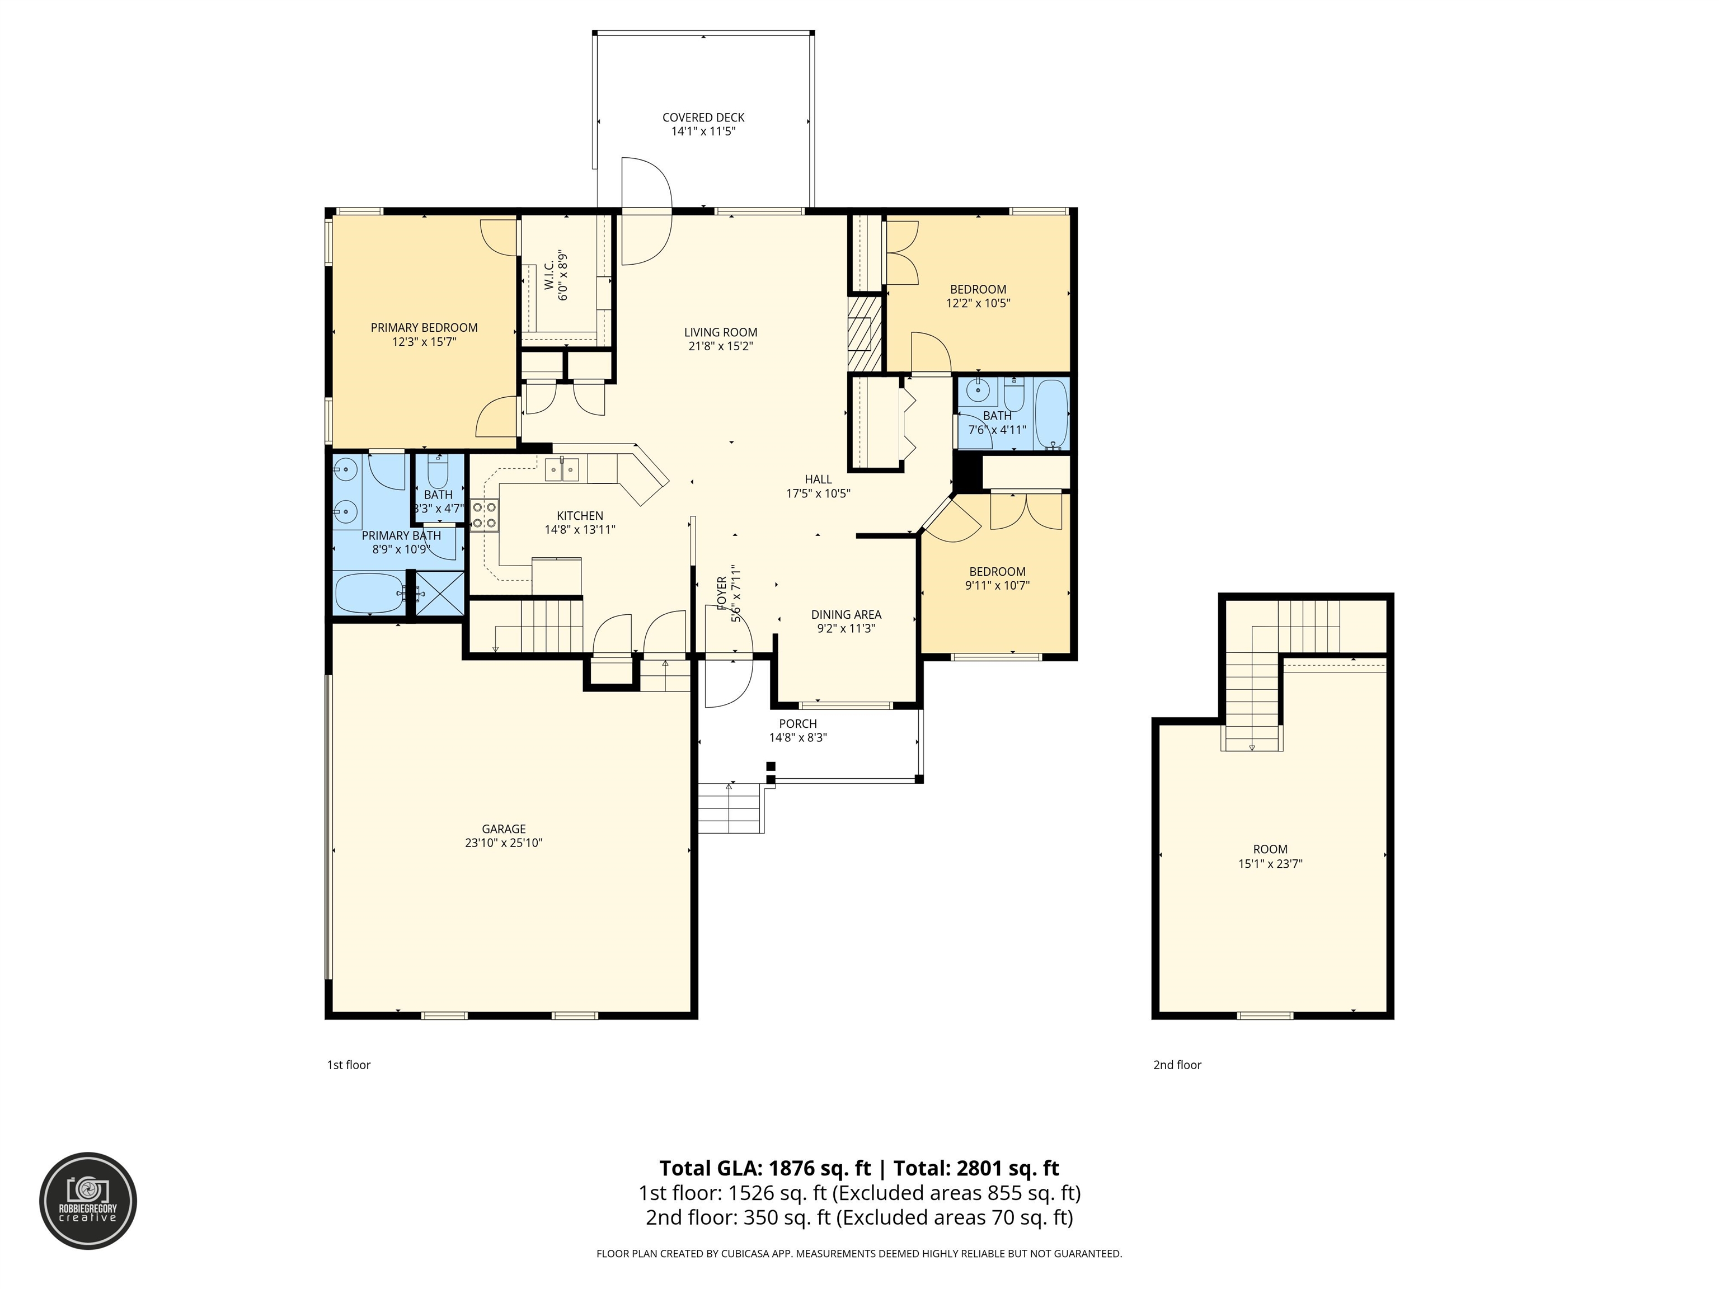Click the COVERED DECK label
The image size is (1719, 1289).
(703, 117)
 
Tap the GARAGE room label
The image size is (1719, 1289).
(504, 829)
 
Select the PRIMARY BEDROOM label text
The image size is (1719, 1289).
(424, 328)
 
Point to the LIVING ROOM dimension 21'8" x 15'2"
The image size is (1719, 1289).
(720, 346)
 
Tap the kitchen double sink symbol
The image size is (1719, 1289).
(561, 469)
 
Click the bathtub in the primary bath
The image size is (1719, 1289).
(370, 594)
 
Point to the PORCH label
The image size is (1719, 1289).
(798, 724)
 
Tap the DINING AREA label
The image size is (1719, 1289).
(846, 615)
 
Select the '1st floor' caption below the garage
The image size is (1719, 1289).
(349, 1065)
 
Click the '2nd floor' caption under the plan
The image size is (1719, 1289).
(1177, 1065)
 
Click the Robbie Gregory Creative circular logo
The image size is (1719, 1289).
(88, 1201)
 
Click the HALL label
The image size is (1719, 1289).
(818, 479)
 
